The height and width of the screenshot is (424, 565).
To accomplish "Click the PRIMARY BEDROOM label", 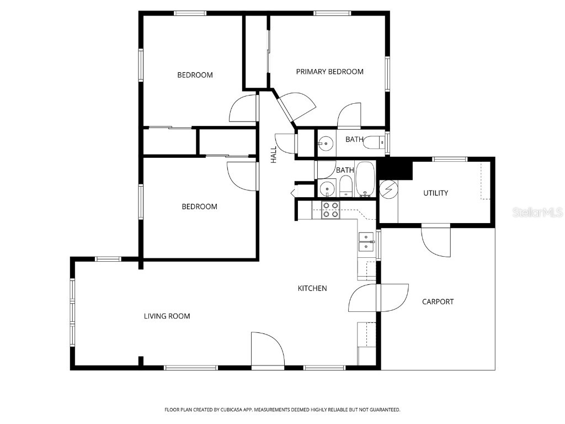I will coord(329,72).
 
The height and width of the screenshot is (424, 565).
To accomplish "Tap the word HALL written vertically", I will coord(274,154).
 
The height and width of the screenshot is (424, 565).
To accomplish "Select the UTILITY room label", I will coord(435,193).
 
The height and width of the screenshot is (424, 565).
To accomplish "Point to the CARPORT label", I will coord(438,301).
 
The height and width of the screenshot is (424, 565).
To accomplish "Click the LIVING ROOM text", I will coord(167,316).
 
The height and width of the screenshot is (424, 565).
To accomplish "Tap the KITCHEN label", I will coord(312,288).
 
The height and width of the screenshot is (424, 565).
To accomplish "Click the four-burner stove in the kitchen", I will coord(331,210).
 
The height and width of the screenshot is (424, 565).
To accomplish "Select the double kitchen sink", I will coord(366,242).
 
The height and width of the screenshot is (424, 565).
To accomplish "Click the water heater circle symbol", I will coord(388,189).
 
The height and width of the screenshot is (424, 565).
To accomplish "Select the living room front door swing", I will coord(266,349).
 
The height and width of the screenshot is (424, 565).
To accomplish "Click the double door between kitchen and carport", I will coord(379,298).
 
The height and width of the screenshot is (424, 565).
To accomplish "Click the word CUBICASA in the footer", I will coord(227,410).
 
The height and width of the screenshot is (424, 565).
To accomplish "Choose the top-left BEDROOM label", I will coord(195,75).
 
